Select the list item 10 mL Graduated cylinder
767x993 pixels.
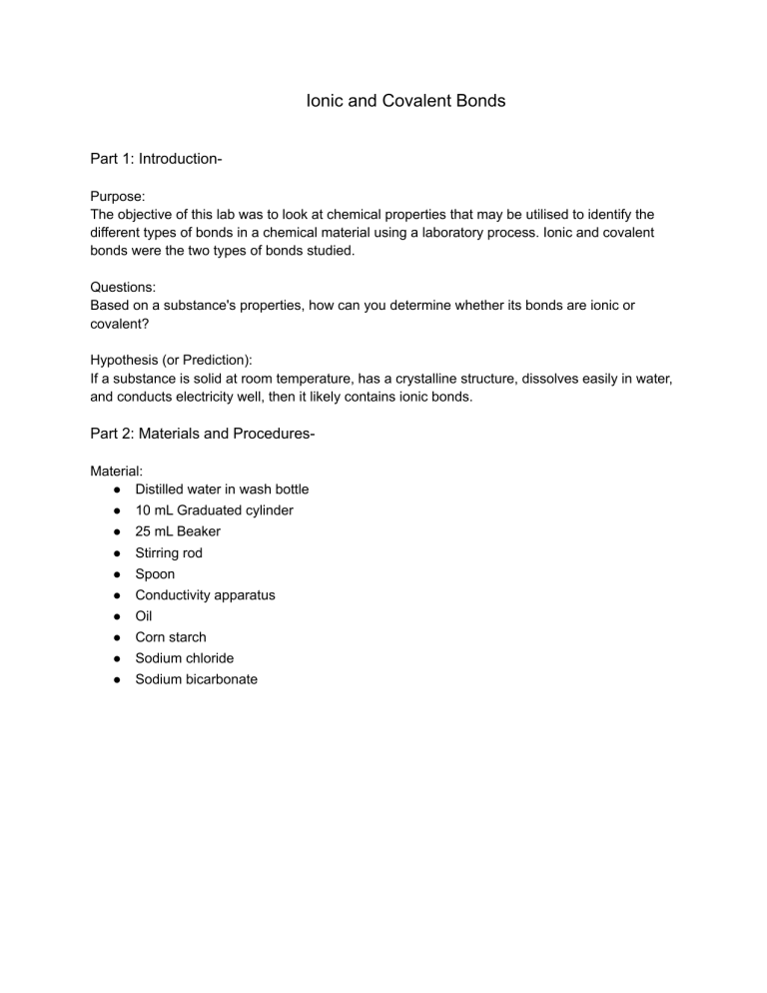(214, 510)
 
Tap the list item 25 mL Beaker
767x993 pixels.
(178, 531)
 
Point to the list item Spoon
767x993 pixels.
(155, 574)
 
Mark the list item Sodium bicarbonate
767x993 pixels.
(196, 679)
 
